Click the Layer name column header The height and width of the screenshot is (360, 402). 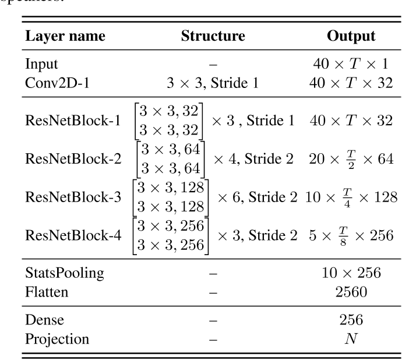(65, 36)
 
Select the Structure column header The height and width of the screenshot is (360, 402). (213, 36)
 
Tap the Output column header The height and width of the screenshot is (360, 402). (351, 36)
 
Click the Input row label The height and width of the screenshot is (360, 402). (41, 64)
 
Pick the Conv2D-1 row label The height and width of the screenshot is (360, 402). (57, 83)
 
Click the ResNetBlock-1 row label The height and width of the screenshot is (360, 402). (73, 120)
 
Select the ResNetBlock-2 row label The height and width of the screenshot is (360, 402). (73, 158)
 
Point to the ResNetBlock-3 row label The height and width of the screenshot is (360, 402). (73, 197)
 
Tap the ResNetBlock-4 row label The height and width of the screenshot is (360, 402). (73, 235)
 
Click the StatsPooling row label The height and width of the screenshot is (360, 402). (65, 273)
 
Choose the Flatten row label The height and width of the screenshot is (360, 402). (47, 292)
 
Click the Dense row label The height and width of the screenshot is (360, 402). (44, 320)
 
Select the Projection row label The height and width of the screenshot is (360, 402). (57, 339)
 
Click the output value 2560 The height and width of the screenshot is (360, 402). (351, 292)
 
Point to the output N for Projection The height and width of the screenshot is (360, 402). (351, 338)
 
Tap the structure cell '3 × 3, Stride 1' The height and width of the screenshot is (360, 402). (213, 83)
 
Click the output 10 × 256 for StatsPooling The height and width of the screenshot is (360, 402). (351, 273)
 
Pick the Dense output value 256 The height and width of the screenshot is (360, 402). (351, 320)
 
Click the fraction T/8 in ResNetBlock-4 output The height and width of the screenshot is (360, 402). (343, 236)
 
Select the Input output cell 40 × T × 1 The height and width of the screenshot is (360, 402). (351, 63)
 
